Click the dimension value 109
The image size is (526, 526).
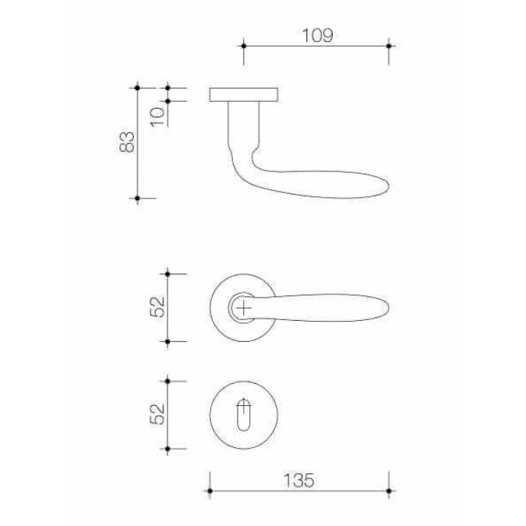(317, 35)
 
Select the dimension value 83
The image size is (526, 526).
(127, 142)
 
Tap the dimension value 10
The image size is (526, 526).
(158, 116)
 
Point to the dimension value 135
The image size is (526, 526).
(299, 480)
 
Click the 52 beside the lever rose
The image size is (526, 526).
(158, 307)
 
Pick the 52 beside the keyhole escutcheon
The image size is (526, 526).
(158, 414)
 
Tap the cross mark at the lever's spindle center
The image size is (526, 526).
(244, 307)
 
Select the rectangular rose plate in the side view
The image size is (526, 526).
(243, 95)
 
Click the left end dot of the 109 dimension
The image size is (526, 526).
(244, 46)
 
